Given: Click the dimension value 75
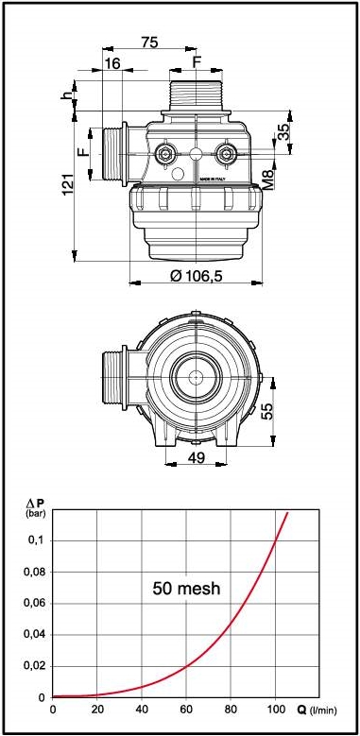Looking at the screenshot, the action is pyautogui.click(x=149, y=42).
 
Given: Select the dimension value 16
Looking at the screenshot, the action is pyautogui.click(x=112, y=64).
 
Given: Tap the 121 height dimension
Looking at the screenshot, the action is pyautogui.click(x=69, y=184).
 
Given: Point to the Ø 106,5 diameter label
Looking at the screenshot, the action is pyautogui.click(x=197, y=276).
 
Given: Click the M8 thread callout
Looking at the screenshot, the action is pyautogui.click(x=267, y=180).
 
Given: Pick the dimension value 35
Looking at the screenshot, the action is pyautogui.click(x=283, y=133).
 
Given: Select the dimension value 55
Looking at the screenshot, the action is pyautogui.click(x=266, y=411).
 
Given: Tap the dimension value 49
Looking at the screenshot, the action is pyautogui.click(x=197, y=457).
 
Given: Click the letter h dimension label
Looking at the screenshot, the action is pyautogui.click(x=68, y=94).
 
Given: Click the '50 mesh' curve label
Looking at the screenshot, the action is pyautogui.click(x=186, y=588).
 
